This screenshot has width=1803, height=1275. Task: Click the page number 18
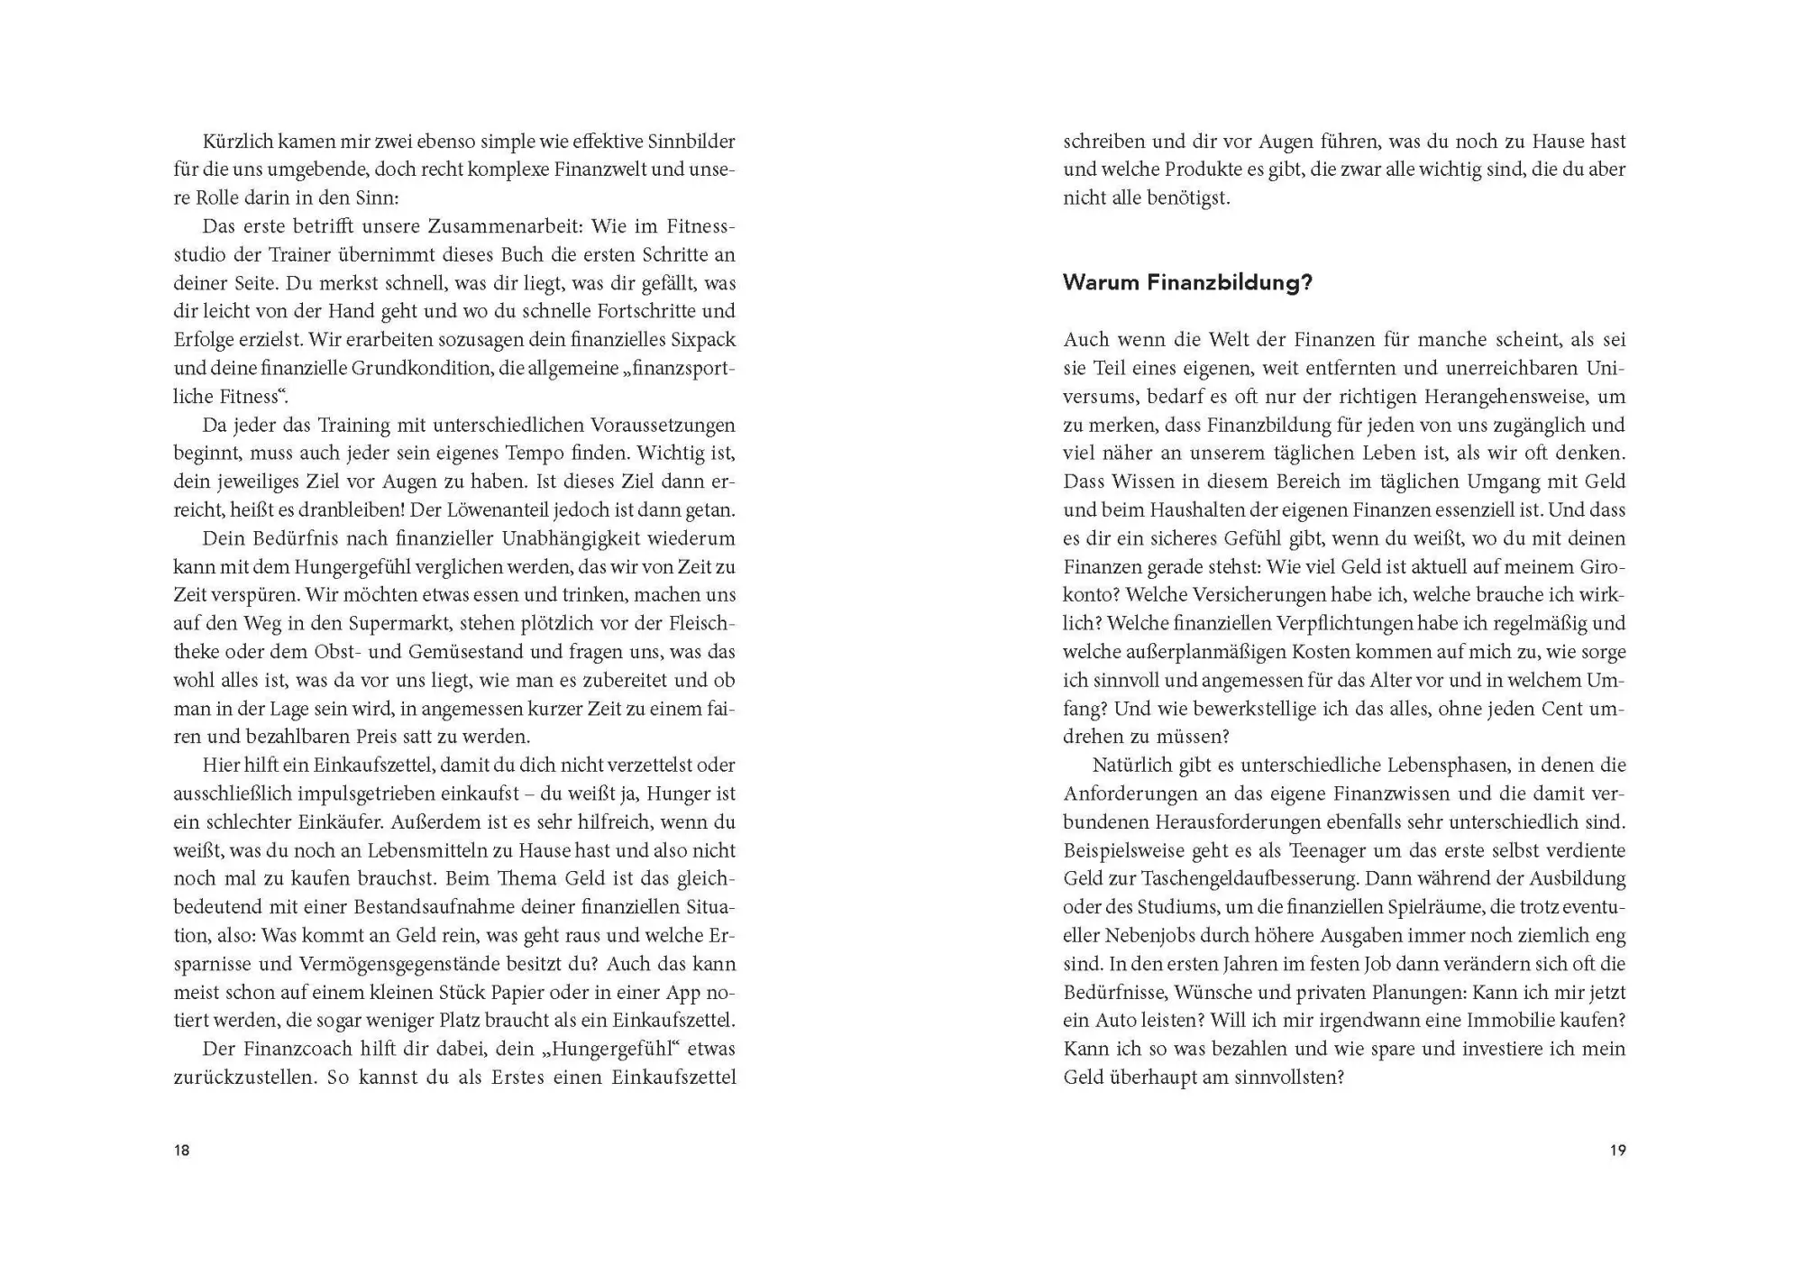pos(182,1151)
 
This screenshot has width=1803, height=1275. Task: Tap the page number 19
pos(1617,1151)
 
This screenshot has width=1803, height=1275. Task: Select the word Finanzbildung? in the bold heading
pos(1230,283)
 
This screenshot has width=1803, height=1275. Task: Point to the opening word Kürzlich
pos(239,142)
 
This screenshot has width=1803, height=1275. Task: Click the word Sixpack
pos(703,340)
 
